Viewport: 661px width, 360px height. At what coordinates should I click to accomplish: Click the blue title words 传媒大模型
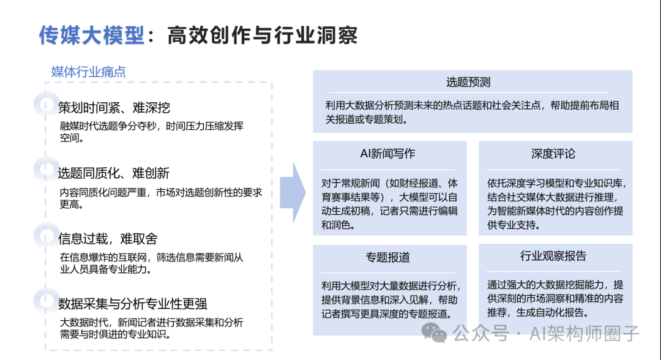click(91, 36)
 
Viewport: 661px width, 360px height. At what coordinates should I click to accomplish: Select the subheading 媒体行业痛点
click(89, 72)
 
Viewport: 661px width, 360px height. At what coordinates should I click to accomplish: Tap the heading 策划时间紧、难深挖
click(114, 108)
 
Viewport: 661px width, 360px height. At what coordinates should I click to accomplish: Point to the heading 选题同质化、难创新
click(114, 173)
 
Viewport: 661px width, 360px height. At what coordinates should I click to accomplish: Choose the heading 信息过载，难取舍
click(108, 238)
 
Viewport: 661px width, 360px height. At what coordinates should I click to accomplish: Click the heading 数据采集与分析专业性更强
click(132, 303)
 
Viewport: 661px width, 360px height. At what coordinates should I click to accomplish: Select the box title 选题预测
click(468, 83)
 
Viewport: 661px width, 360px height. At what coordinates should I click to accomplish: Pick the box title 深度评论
click(553, 154)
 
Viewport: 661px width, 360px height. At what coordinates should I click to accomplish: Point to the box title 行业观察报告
click(553, 256)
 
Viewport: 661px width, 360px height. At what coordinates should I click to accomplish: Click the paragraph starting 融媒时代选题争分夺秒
click(151, 132)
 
